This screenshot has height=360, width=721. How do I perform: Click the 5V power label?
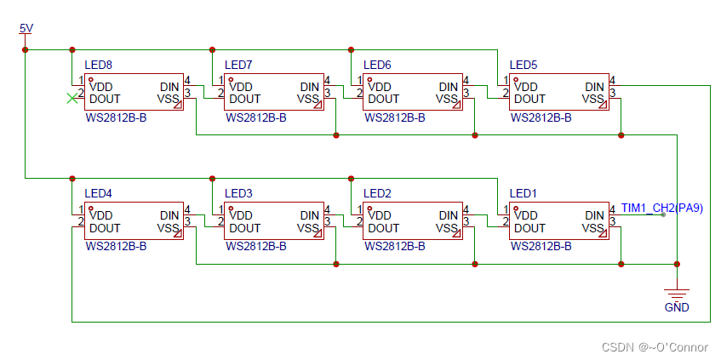click(x=26, y=29)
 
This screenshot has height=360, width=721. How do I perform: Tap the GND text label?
click(x=676, y=306)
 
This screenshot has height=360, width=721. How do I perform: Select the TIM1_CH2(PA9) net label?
click(x=661, y=208)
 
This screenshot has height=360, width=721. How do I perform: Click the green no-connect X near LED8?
click(x=71, y=99)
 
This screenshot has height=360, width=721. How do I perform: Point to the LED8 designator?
click(x=98, y=65)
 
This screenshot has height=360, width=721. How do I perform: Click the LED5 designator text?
click(x=523, y=65)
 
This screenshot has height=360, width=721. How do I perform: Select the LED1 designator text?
click(x=523, y=193)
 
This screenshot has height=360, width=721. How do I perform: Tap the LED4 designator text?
click(x=98, y=193)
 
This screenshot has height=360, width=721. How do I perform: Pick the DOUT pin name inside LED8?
click(x=105, y=99)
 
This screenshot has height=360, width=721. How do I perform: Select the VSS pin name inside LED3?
click(x=307, y=228)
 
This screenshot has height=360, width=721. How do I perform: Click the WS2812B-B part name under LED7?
click(x=255, y=117)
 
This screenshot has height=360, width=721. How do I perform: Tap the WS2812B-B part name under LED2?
click(x=394, y=246)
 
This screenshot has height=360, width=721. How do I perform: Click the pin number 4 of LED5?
click(x=613, y=81)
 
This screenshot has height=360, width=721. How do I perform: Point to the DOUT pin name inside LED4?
click(x=105, y=228)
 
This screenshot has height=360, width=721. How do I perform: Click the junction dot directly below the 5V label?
click(x=26, y=49)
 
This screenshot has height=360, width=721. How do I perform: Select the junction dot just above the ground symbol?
click(x=677, y=264)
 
